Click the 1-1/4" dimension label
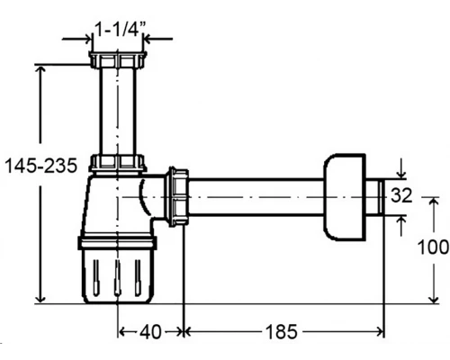click(120, 29)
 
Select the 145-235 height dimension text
click(41, 166)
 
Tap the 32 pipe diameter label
click(401, 195)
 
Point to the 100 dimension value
click(433, 247)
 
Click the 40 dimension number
click(150, 332)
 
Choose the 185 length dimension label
click(282, 332)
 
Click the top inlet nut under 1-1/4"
click(118, 59)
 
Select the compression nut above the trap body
click(118, 163)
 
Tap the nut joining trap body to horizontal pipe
click(178, 196)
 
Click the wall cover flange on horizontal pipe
click(345, 197)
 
